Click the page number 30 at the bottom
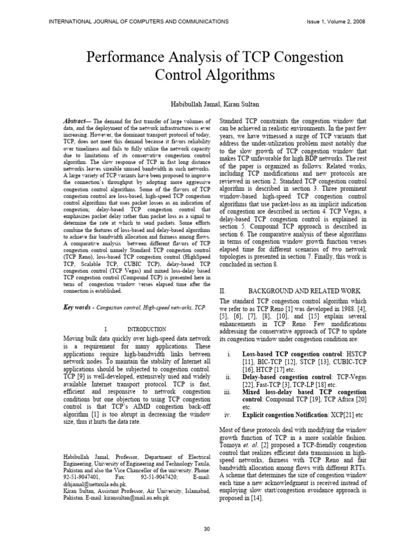coord(207,529)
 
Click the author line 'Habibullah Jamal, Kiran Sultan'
coord(207,103)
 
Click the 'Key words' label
coord(75,307)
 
